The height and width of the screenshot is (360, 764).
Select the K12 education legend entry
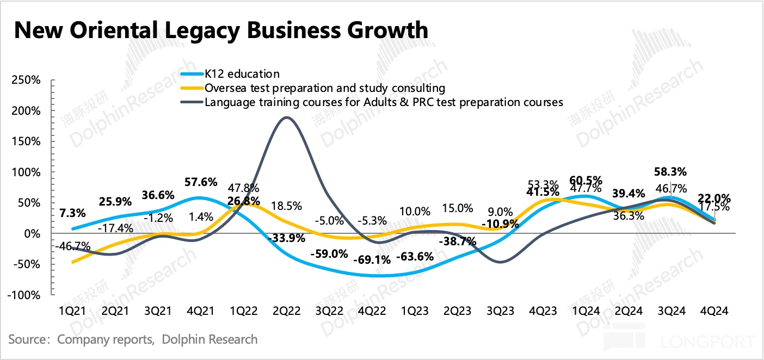tap(242, 74)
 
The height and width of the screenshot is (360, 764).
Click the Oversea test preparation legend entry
tap(324, 88)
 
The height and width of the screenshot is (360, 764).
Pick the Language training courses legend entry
tap(384, 102)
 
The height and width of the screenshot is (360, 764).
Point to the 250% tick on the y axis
tap(26, 80)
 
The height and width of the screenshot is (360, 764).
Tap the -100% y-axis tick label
tap(24, 295)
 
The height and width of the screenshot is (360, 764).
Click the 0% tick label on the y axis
tap(32, 234)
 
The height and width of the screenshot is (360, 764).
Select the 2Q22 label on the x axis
tap(286, 311)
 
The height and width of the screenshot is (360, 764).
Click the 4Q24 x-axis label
tap(713, 311)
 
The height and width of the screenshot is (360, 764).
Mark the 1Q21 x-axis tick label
tap(73, 311)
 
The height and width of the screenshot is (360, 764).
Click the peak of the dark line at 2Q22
tap(287, 117)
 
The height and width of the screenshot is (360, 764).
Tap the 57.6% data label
tap(201, 182)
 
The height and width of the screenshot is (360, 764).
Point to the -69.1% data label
tap(372, 259)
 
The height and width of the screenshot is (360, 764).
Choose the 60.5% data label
tap(586, 179)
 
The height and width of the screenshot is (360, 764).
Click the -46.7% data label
tap(73, 246)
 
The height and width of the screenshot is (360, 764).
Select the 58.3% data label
tap(670, 171)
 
